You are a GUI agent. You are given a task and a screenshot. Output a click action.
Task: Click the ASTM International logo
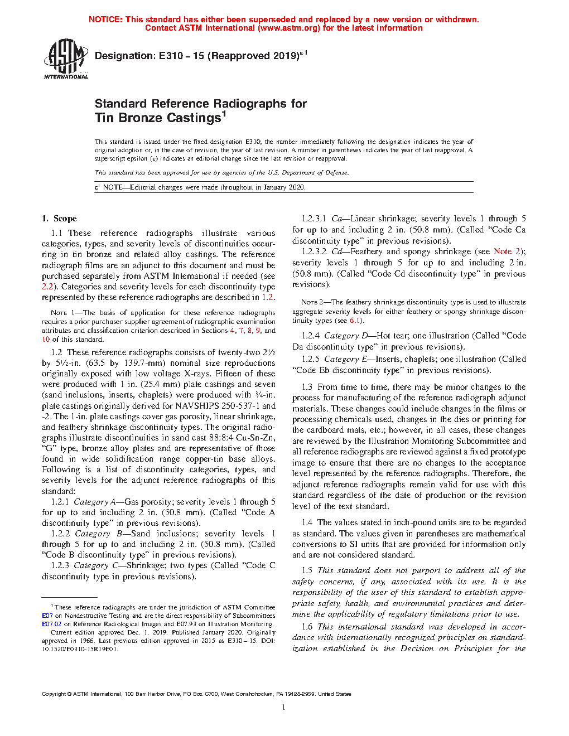point(65,59)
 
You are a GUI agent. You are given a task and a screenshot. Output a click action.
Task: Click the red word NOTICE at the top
point(105,20)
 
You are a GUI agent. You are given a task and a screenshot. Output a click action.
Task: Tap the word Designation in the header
point(124,56)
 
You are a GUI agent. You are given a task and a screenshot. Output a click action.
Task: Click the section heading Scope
point(65,219)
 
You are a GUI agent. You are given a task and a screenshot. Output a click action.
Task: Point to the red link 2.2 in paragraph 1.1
point(47,287)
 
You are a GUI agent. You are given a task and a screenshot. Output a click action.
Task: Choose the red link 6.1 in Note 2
point(355,321)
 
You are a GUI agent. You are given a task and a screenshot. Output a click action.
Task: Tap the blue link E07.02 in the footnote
point(51,624)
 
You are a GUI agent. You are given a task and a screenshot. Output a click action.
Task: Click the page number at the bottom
point(284,708)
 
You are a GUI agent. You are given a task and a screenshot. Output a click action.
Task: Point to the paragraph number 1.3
point(307,387)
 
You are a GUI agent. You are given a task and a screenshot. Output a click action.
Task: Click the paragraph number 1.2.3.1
point(314,219)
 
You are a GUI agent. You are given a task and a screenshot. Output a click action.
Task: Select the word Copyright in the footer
point(54,694)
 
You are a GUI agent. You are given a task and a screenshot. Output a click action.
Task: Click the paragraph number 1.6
point(307,627)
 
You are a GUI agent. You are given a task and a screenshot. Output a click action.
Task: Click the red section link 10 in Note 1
point(46,339)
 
